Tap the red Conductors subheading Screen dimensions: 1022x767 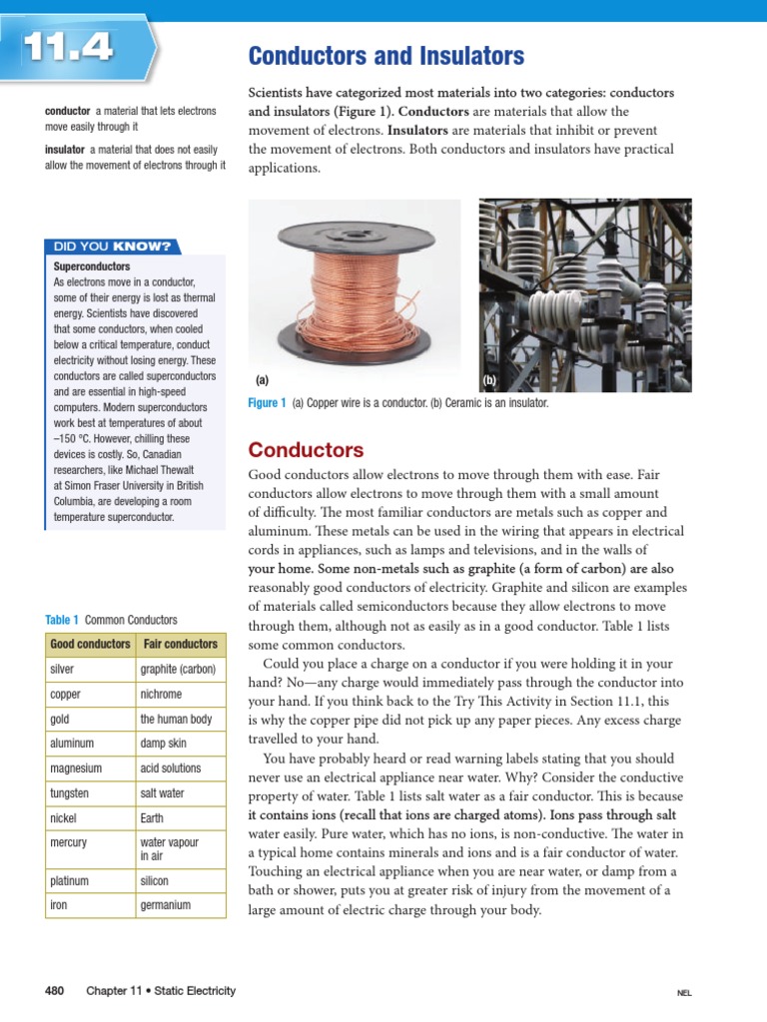(x=306, y=449)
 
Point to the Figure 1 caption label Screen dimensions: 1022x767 (x=267, y=403)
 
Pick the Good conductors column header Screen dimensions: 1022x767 (x=90, y=644)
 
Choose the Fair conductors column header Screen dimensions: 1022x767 (x=180, y=644)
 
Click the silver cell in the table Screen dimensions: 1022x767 (x=62, y=669)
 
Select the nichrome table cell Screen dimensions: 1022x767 (x=161, y=694)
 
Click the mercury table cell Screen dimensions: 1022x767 (x=68, y=842)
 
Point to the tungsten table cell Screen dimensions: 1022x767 (x=69, y=793)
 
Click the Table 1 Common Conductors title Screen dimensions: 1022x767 (x=111, y=620)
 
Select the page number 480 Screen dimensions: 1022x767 (x=55, y=991)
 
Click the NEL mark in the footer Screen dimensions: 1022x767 (x=684, y=993)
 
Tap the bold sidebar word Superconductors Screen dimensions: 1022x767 (x=92, y=267)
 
